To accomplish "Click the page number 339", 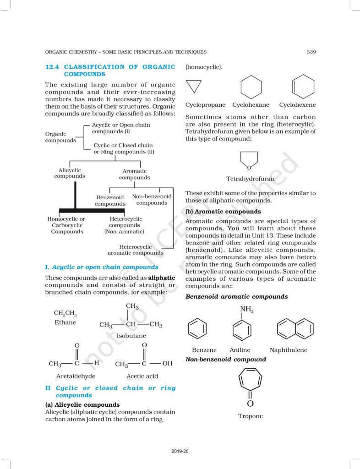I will click(x=311, y=52).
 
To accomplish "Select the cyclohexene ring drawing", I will click(x=303, y=86).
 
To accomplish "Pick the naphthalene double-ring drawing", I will click(x=295, y=328).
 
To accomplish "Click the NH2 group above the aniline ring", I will click(x=246, y=310).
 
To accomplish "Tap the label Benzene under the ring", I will click(x=204, y=350).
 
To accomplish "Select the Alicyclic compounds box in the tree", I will click(x=70, y=173).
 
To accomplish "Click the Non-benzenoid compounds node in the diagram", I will click(x=152, y=200).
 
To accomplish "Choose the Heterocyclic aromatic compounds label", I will click(x=135, y=250).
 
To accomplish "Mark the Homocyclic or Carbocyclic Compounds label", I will click(x=66, y=225).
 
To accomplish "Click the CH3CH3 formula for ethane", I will click(x=65, y=313).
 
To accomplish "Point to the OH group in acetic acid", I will click(x=167, y=364).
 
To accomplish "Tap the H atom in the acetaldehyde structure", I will click(x=96, y=363).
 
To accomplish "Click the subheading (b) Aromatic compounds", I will click(x=223, y=212).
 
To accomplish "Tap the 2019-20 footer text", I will click(x=180, y=452).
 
